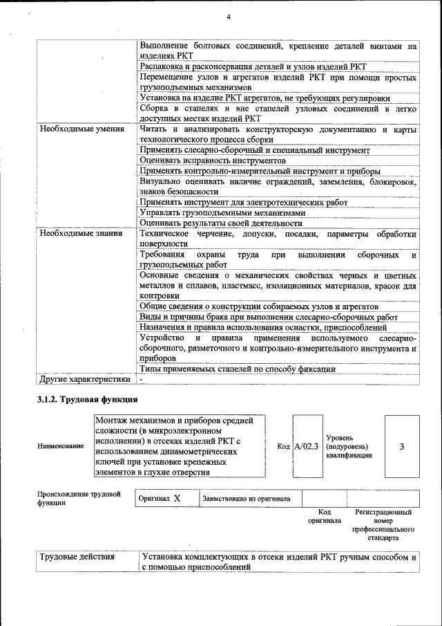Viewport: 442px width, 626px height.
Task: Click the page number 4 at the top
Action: pyautogui.click(x=227, y=17)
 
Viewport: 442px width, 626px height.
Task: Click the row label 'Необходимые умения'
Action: pyautogui.click(x=81, y=129)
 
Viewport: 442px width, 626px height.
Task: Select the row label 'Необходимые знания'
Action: pyautogui.click(x=81, y=234)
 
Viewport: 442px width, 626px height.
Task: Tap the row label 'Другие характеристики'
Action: pyautogui.click(x=85, y=379)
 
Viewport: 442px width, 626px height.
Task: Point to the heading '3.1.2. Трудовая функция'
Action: pyautogui.click(x=87, y=400)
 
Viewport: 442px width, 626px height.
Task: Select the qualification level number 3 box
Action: pyautogui.click(x=401, y=446)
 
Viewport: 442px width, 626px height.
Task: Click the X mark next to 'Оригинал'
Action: pyautogui.click(x=177, y=498)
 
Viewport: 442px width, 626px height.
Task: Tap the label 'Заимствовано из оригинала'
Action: pyautogui.click(x=246, y=498)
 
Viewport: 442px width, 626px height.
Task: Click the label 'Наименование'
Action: pyautogui.click(x=61, y=447)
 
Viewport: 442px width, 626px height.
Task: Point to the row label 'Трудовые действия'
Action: pyautogui.click(x=77, y=556)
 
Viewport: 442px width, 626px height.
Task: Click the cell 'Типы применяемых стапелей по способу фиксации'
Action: pyautogui.click(x=237, y=369)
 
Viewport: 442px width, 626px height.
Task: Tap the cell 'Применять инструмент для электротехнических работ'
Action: pyautogui.click(x=243, y=203)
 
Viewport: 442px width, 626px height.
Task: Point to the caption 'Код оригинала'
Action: pyautogui.click(x=324, y=517)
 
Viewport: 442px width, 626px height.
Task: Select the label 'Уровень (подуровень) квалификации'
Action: pyautogui.click(x=349, y=446)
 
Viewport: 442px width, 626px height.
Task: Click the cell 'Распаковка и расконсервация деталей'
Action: pyautogui.click(x=253, y=66)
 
